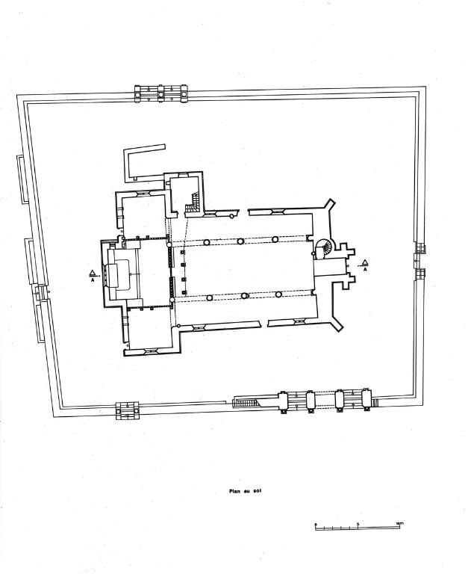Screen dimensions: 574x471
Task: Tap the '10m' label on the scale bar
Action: [399, 522]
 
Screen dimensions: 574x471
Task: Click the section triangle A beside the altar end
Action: [91, 274]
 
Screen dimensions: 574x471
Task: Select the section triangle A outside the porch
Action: [365, 262]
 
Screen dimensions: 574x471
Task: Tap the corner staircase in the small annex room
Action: [193, 203]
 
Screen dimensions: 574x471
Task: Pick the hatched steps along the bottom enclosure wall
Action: [245, 403]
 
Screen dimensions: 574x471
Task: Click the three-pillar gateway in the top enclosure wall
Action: [159, 94]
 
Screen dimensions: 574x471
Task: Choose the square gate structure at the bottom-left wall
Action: [127, 409]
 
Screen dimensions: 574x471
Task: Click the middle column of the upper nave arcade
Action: [240, 241]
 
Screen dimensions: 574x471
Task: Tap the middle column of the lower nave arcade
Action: [244, 296]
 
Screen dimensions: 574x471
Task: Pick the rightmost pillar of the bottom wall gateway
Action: [366, 398]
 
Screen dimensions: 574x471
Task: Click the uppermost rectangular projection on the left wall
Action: [22, 179]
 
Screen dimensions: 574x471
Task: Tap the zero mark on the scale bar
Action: [316, 522]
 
